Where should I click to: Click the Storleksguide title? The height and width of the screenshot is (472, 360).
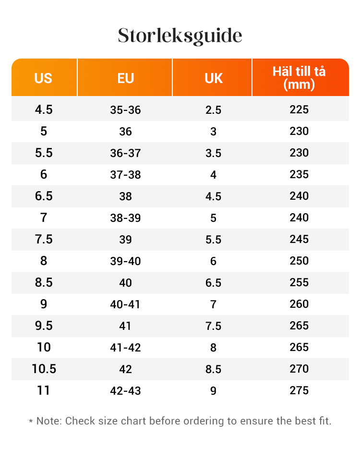(180, 36)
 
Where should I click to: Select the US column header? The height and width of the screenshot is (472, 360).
(43, 78)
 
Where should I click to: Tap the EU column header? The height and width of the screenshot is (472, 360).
(125, 78)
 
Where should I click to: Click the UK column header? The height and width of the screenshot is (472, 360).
(213, 78)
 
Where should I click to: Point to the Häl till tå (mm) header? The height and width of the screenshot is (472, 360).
(299, 78)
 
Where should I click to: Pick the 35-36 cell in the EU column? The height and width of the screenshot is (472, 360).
(125, 110)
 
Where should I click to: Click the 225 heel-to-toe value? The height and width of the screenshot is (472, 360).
(299, 109)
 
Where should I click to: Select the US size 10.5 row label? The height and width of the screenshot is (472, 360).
(44, 369)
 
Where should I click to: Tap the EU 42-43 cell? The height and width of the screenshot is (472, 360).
(125, 391)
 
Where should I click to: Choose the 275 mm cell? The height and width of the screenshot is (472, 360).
(299, 390)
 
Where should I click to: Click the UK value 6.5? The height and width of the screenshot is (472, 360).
(213, 283)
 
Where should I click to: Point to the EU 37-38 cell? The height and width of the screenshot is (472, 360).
(125, 175)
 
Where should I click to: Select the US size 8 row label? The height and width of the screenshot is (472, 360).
(44, 261)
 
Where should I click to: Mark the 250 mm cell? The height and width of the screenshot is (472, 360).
(299, 261)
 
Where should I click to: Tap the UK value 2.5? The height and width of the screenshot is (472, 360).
(213, 110)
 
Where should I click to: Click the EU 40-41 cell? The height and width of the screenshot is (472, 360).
(125, 304)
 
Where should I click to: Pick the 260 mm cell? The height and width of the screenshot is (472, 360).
(299, 304)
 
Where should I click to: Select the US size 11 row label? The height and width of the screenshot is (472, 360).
(44, 390)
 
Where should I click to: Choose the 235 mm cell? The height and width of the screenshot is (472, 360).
(299, 174)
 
